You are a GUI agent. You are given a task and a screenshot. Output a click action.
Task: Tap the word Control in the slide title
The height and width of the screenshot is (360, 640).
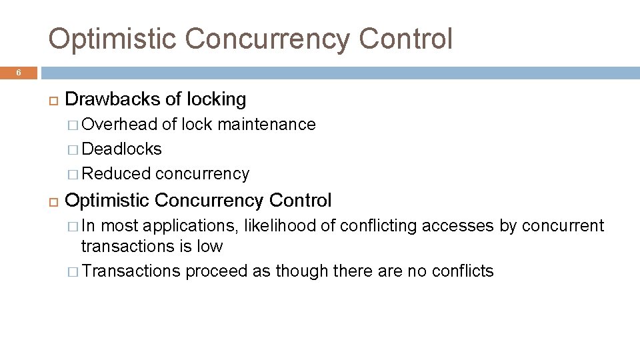(405, 39)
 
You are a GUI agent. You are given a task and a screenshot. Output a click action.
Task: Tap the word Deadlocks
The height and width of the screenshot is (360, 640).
(121, 149)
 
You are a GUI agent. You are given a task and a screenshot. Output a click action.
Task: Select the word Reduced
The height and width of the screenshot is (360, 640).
(117, 173)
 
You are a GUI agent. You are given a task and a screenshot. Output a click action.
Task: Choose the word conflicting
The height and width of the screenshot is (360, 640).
(379, 226)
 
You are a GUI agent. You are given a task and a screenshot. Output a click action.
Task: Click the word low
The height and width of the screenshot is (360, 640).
(209, 246)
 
